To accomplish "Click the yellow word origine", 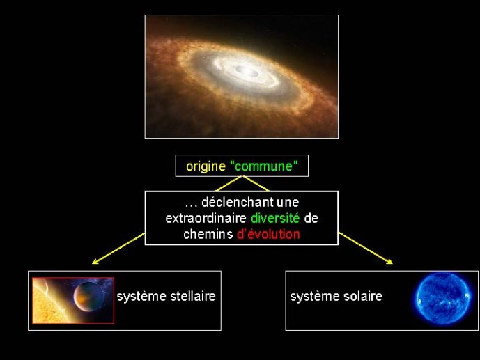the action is pos(206,166).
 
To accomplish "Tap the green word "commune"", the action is pos(263,166).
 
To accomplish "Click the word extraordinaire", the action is pos(206,219).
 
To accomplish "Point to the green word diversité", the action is pos(275,219).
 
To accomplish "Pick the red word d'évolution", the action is pos(268,234).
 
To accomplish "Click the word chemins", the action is pos(208,234).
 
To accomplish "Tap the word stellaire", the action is pos(193,297).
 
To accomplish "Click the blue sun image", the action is pos(442,298).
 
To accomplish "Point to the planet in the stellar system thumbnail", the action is pos(88,297).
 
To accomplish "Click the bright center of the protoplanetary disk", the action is pos(247,72).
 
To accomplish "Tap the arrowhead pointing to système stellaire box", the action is pos(95,262).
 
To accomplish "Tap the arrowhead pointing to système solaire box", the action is pos(389,262).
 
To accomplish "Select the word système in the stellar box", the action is pos(141,297).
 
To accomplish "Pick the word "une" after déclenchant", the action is pos(288,203).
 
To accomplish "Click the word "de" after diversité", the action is pos(311,219).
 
